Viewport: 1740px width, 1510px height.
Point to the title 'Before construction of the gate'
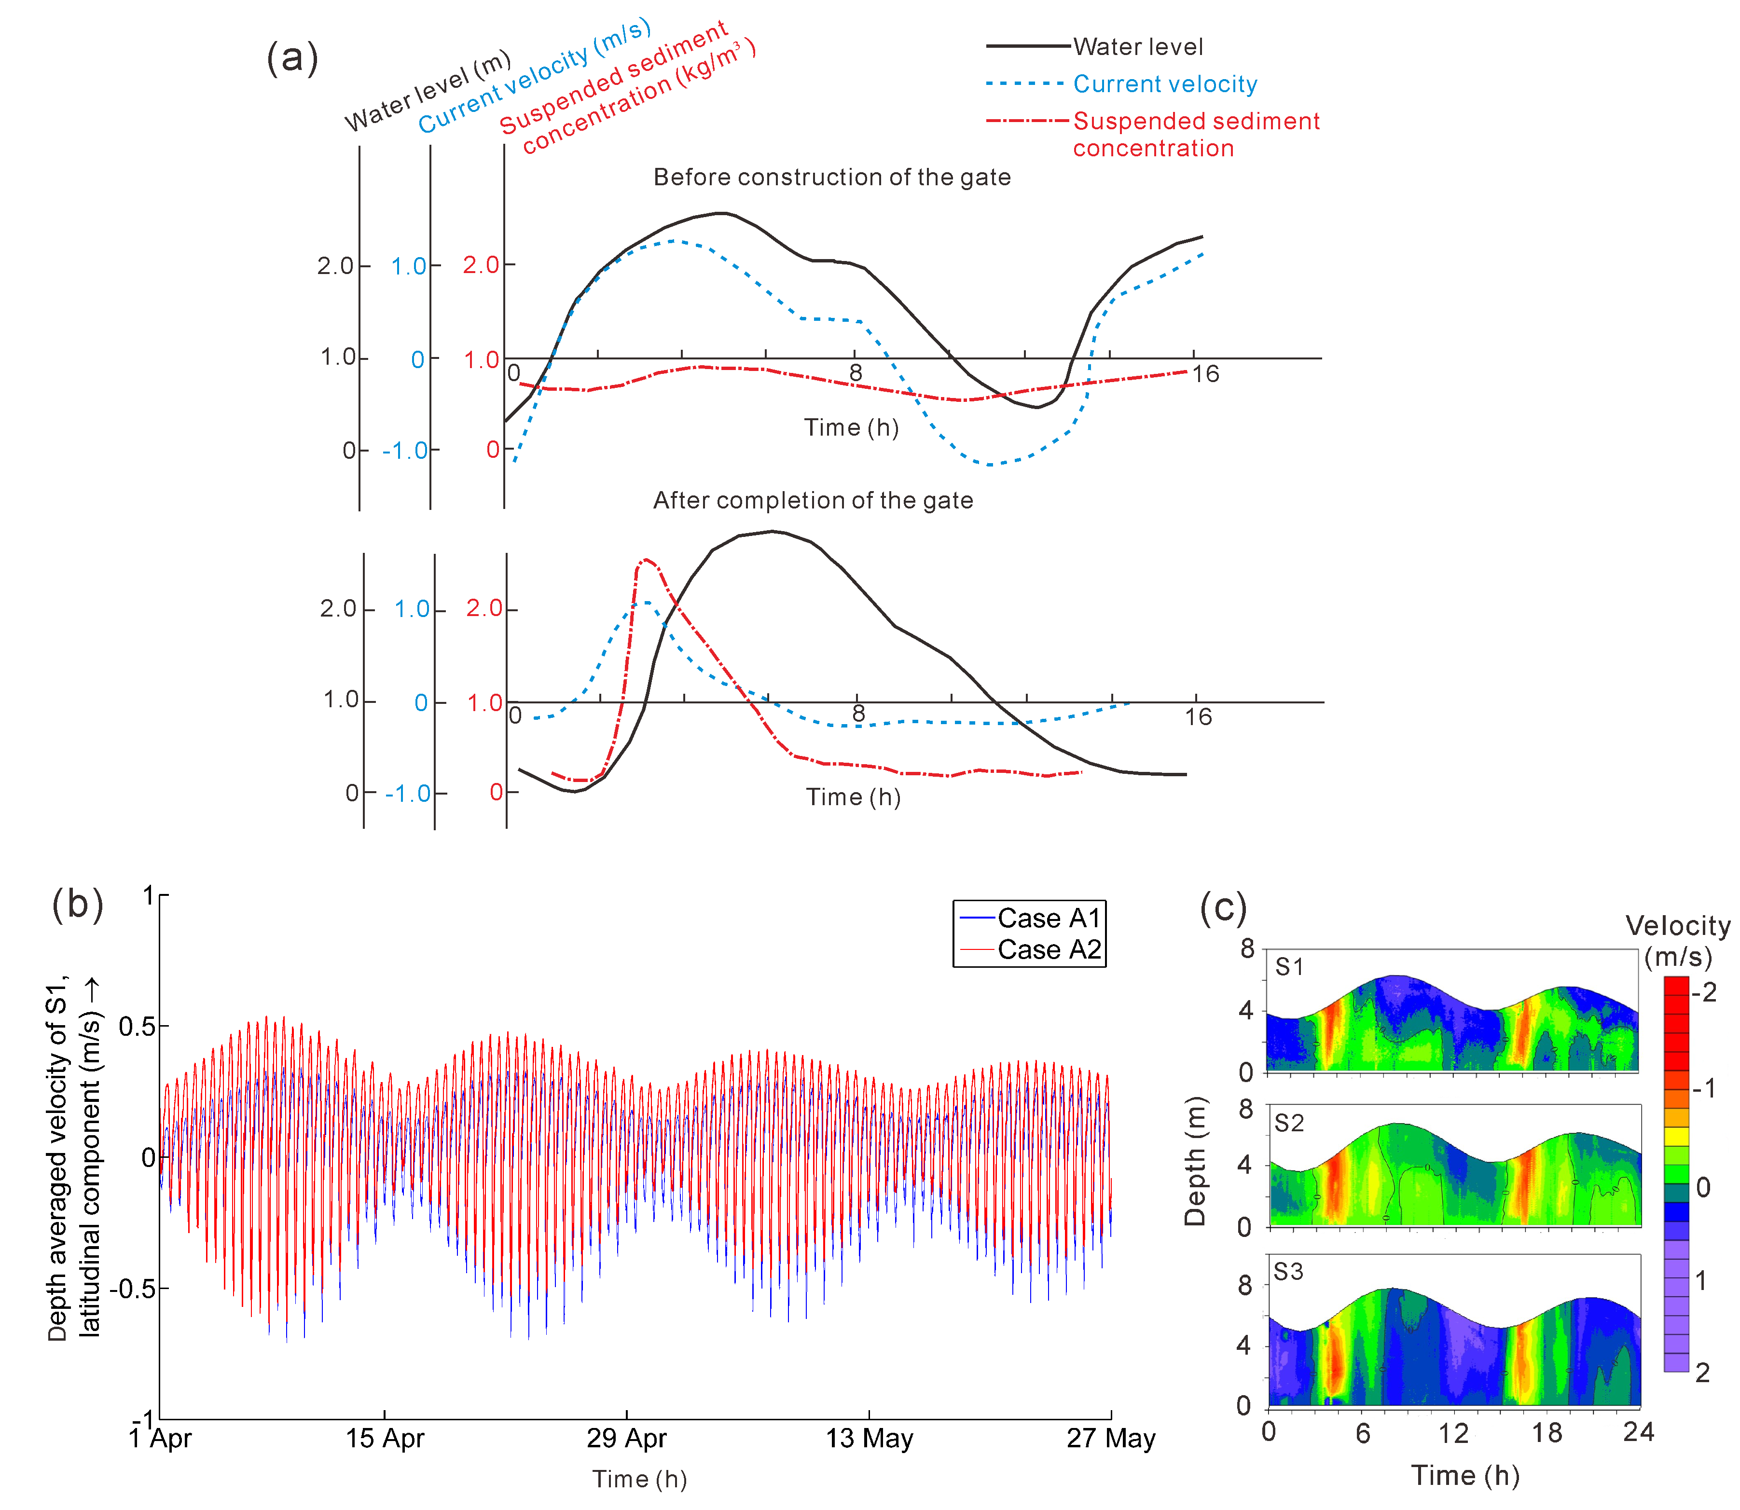(x=832, y=177)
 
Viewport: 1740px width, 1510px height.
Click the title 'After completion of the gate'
(x=813, y=501)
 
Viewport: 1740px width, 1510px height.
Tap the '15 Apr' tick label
(x=384, y=1439)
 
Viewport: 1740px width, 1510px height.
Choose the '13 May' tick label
(x=869, y=1439)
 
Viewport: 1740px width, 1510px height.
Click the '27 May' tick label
(x=1111, y=1439)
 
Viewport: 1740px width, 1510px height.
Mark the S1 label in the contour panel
(x=1289, y=967)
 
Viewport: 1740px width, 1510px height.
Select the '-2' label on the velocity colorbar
(x=1705, y=993)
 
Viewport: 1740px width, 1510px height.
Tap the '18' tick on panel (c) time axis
(x=1547, y=1433)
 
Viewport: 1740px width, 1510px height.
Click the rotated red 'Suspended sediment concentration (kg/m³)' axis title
(x=628, y=88)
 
